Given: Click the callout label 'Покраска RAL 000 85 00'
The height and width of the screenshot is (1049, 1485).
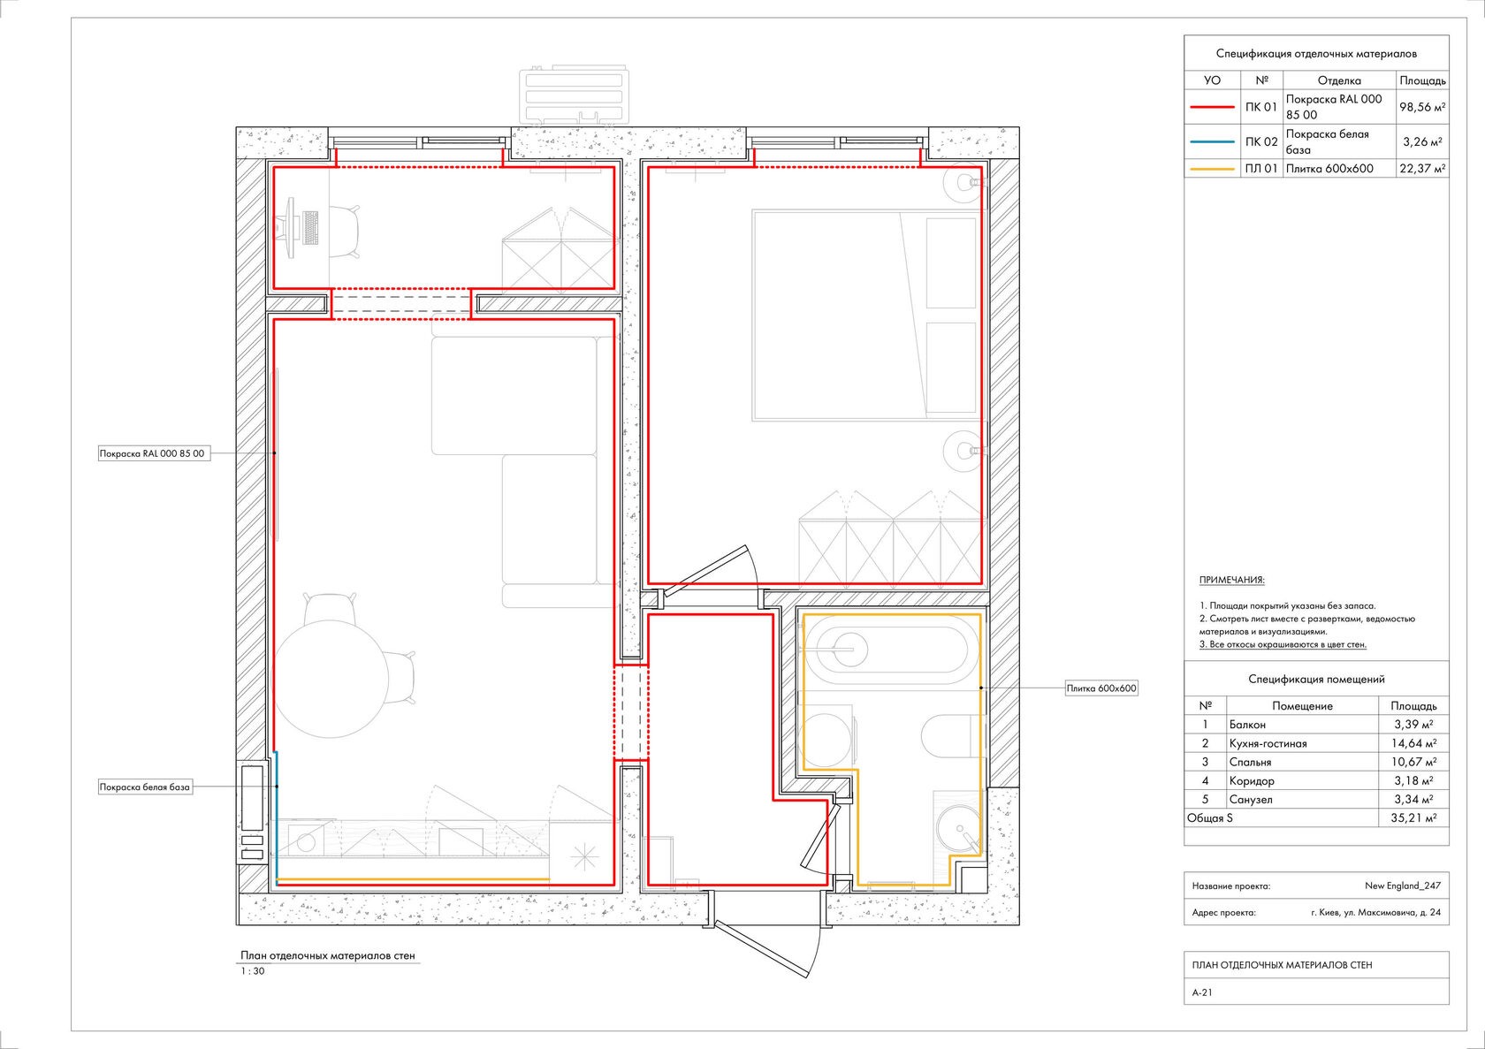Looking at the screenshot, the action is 154,454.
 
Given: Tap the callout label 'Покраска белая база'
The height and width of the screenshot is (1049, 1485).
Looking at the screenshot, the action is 145,787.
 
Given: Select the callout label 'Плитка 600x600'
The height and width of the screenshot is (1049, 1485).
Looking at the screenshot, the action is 1101,688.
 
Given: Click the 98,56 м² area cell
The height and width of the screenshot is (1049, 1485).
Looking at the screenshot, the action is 1422,107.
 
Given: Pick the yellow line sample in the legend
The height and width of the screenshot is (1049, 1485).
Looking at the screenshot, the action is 1212,170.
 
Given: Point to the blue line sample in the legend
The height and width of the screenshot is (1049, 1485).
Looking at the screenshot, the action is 1212,141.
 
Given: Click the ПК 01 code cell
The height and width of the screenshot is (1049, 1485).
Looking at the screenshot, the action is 1260,107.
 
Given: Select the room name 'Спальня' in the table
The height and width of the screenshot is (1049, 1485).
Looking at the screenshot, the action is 1250,762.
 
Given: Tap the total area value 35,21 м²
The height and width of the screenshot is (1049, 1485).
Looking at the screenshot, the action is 1413,818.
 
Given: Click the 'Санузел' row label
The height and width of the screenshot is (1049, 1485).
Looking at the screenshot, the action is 1251,800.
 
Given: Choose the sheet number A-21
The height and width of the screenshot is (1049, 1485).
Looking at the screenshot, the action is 1202,992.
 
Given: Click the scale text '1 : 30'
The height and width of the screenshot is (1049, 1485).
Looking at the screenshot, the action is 252,971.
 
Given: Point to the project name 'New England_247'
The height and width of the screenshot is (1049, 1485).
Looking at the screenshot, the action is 1402,886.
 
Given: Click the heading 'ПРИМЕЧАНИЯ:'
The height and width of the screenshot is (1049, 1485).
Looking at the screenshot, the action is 1232,580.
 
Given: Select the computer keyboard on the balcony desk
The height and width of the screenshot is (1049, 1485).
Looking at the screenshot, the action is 309,227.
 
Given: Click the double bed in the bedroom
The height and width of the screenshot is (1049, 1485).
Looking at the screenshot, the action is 866,315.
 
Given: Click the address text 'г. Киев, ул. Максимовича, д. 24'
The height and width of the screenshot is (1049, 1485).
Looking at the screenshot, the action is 1375,913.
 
